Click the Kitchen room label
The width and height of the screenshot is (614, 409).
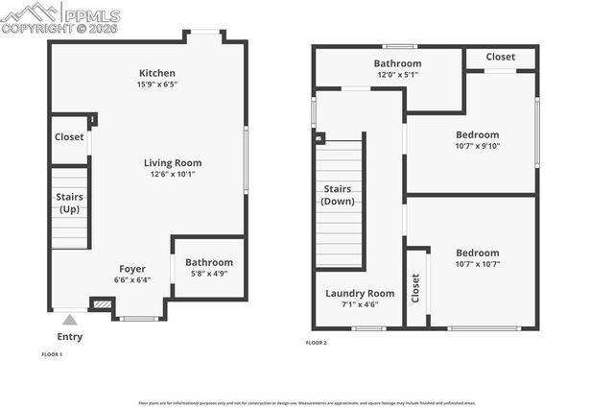158,73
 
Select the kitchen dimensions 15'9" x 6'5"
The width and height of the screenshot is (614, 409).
158,84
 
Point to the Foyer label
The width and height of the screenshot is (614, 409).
132,268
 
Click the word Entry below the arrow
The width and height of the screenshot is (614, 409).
70,337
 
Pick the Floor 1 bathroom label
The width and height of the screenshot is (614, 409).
208,262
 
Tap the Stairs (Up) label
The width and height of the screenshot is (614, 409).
70,203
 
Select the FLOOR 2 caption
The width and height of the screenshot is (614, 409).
317,343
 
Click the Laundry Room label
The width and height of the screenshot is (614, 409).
360,293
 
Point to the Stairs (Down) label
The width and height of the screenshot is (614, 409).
339,195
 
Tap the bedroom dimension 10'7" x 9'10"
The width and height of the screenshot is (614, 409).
477,146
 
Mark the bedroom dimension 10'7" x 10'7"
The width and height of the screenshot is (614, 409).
477,263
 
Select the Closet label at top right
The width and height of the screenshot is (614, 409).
500,57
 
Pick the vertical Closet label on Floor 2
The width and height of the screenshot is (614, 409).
415,288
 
